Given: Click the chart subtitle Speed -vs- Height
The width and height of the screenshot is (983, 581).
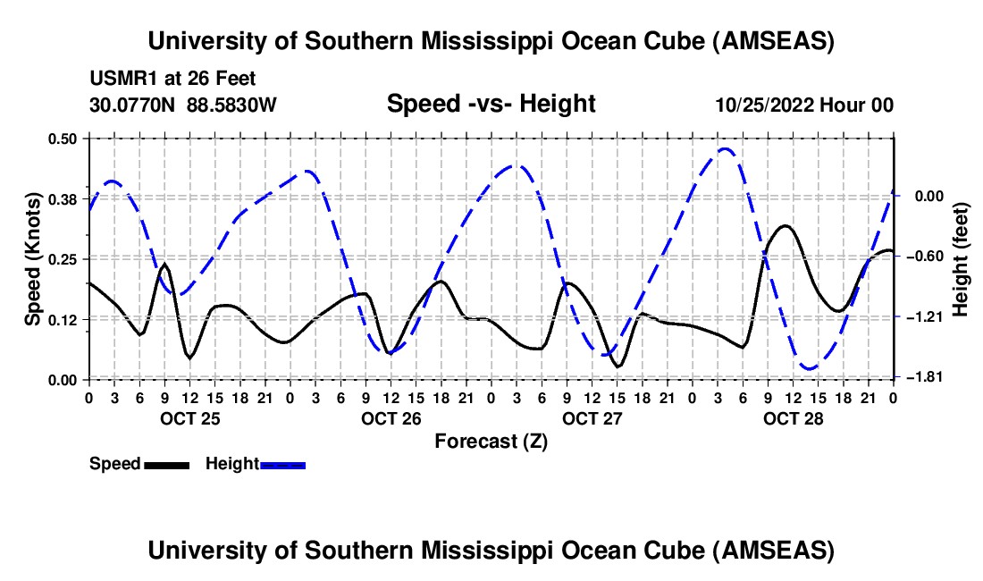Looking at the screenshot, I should coord(491,104).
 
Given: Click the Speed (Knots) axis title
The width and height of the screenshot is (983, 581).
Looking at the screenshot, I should coord(33,258).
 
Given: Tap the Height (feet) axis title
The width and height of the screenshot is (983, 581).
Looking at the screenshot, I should coord(961,258).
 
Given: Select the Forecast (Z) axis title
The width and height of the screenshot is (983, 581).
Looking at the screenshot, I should coord(491,441).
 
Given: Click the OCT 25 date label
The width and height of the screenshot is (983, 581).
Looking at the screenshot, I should coord(188,417).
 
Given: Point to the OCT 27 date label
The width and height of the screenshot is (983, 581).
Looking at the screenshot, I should coord(591,417).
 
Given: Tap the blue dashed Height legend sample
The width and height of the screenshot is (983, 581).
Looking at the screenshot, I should coord(282,464).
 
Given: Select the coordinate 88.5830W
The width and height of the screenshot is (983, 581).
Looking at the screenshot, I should coord(232,105).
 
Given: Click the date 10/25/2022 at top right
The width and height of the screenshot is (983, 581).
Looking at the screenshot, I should coord(762,105).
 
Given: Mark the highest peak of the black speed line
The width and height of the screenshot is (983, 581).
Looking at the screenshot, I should coord(786,226).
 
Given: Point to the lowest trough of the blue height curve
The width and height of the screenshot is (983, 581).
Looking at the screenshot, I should coord(810,367).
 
